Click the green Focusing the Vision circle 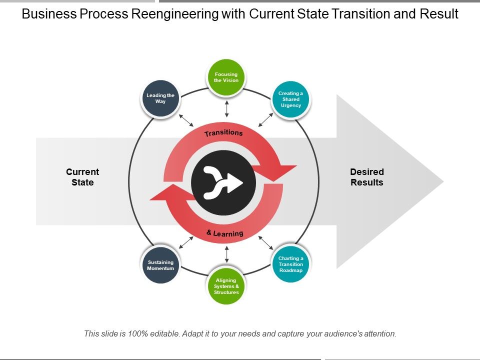pos(226,77)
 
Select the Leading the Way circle pos(160,98)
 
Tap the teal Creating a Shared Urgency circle pos(290,99)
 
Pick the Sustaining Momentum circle pos(160,265)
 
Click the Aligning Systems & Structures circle pos(226,286)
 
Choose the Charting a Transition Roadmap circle pos(290,264)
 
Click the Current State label pos(82,177)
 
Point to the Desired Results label pos(366,177)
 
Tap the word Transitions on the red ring pos(223,133)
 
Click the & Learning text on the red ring pos(225,233)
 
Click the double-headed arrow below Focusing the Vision pos(226,108)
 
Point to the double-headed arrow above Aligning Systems pos(226,254)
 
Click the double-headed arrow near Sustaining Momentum pos(186,242)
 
